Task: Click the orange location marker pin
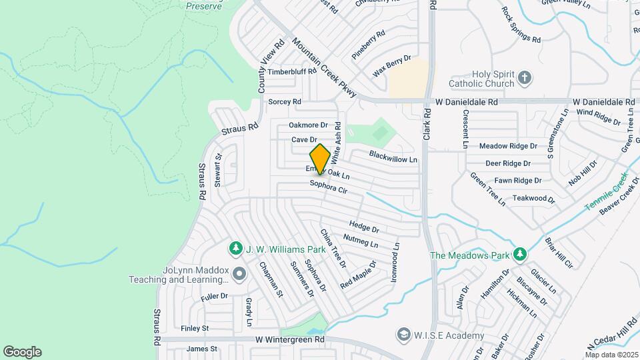click(321, 159)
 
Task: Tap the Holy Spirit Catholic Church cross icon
click(525, 77)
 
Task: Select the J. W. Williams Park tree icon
click(235, 249)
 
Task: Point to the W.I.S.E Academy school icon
click(403, 333)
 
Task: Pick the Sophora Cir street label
click(329, 187)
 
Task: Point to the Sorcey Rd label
click(284, 102)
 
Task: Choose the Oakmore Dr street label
click(309, 125)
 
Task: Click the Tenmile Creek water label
click(607, 193)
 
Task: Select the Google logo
click(22, 351)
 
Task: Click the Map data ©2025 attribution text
click(611, 355)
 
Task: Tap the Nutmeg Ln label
click(361, 241)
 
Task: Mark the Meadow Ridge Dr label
click(508, 146)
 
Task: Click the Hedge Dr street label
click(364, 227)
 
